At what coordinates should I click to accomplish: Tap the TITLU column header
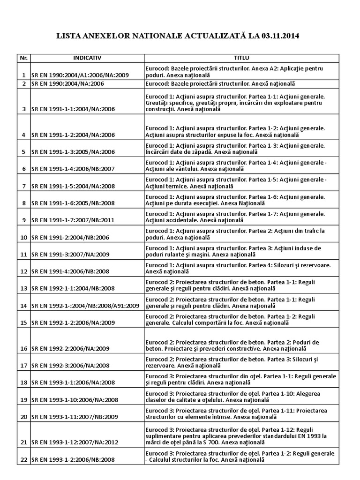tap(241, 58)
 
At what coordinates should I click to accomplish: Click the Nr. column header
tap(23, 58)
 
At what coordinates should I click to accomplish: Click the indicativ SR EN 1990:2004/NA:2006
tap(67, 84)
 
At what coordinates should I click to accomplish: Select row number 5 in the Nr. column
tap(23, 152)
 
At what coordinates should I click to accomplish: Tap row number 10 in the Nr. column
tap(23, 238)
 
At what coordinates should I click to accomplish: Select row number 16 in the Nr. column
tap(23, 349)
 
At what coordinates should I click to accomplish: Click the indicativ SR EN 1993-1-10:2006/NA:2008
tap(75, 400)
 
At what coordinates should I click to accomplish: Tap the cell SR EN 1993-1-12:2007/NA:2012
tap(75, 442)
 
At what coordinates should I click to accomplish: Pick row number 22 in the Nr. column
tap(23, 460)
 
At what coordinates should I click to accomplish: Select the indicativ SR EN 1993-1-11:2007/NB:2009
tap(75, 417)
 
